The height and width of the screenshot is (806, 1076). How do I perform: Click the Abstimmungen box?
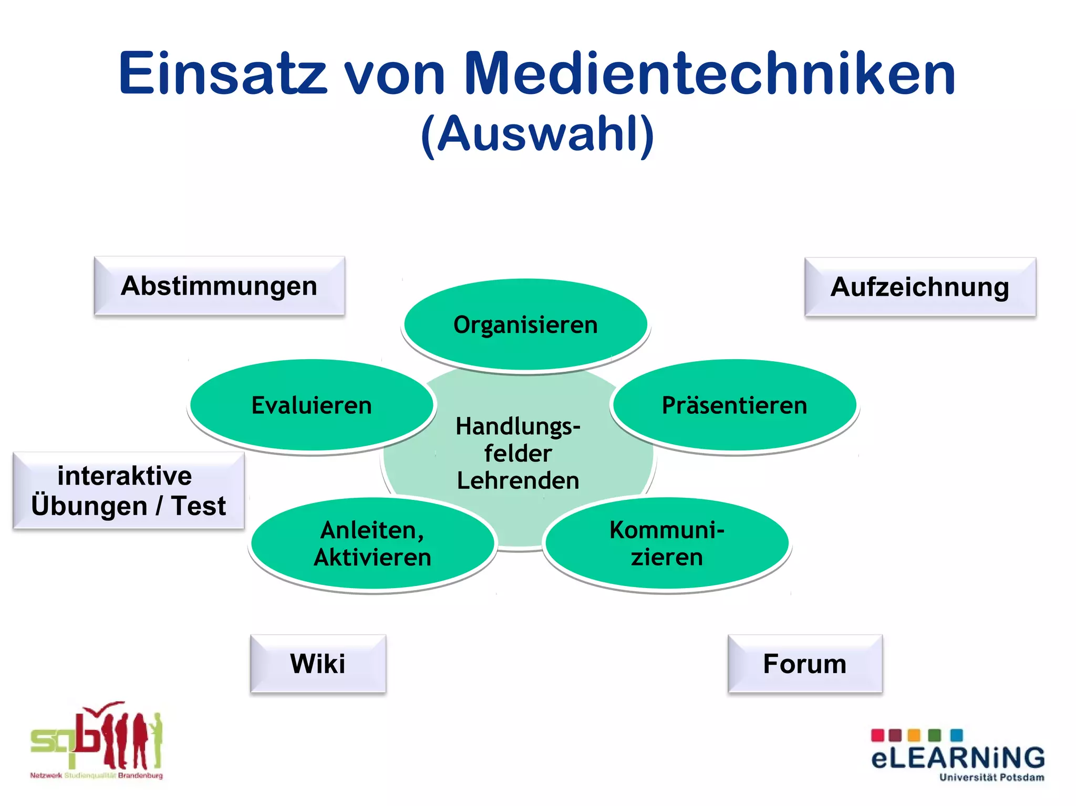coord(219,286)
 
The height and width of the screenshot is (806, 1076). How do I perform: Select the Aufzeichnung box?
coord(920,287)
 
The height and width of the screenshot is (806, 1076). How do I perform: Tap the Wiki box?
coord(318,664)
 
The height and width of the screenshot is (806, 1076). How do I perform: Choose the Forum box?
coord(805,664)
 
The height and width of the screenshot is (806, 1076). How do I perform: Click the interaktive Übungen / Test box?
coord(128,490)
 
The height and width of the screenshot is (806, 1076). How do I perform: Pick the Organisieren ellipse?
coord(525,325)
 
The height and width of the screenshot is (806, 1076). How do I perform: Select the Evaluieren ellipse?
coord(312,405)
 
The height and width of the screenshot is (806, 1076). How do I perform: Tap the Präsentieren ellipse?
coord(734,405)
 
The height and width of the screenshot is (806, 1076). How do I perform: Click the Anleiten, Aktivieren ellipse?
coord(373,544)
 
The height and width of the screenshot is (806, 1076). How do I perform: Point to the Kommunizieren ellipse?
coord(667,544)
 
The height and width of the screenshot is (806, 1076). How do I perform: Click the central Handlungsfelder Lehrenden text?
coord(518,454)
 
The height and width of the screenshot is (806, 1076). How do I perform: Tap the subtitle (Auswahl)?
coord(537,134)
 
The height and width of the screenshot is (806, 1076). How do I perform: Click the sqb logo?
coord(96,738)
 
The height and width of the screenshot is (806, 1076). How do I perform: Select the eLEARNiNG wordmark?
coord(958,758)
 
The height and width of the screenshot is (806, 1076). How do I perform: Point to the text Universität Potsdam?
coord(991,778)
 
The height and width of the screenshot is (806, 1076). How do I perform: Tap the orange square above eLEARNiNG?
coord(914,735)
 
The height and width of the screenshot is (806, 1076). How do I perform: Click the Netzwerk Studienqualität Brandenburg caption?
coord(96,776)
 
